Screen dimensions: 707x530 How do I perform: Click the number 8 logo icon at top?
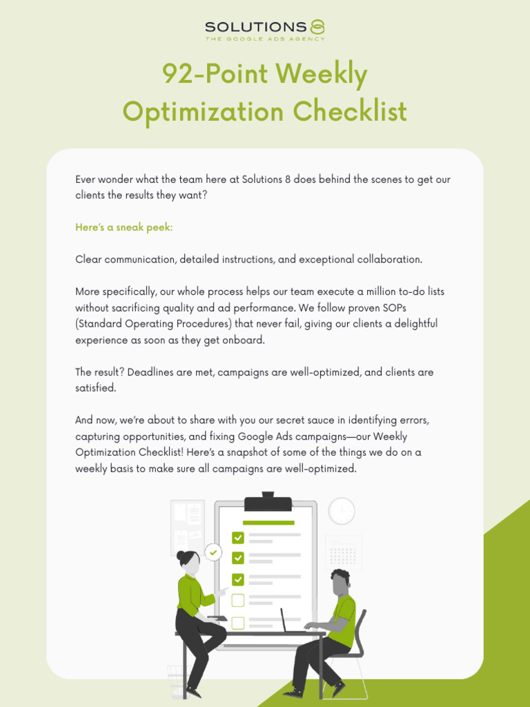point(317,27)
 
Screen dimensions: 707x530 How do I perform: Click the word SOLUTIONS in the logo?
point(255,27)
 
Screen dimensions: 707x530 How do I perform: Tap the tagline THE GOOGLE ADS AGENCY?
point(265,39)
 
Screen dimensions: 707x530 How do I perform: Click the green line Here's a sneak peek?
point(124,227)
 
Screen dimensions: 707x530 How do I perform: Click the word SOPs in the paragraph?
point(391,307)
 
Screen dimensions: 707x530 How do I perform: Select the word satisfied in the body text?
point(95,388)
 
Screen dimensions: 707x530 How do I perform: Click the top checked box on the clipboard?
point(238,537)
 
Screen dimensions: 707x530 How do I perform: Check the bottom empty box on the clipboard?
point(238,623)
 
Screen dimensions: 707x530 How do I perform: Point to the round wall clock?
point(342,511)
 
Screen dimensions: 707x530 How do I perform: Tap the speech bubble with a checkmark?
point(214,552)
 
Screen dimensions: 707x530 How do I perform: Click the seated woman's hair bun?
point(181,555)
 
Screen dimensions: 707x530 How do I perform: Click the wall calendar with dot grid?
point(343,552)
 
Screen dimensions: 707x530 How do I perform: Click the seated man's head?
point(340,582)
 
